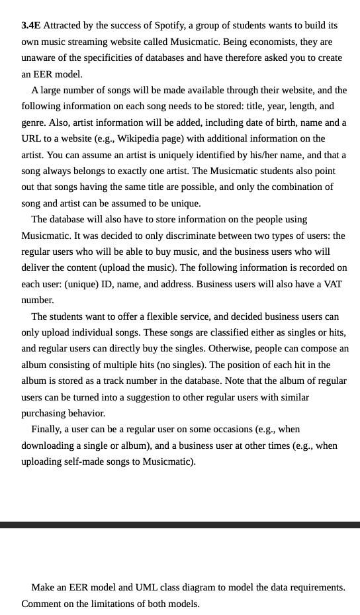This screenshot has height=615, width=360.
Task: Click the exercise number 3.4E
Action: (x=30, y=25)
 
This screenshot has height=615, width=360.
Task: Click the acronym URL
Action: (x=33, y=138)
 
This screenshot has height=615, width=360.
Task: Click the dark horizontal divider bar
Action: (x=180, y=525)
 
